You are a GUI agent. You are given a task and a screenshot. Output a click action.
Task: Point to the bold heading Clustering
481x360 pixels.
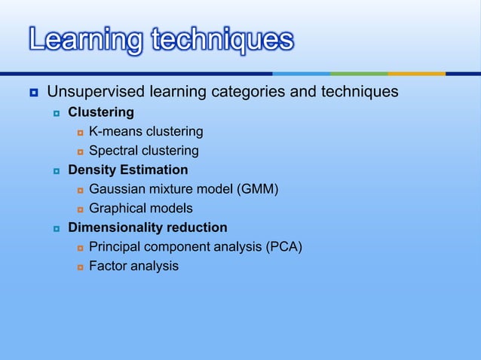(101, 112)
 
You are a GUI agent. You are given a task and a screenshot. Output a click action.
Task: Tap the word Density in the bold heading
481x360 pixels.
(91, 169)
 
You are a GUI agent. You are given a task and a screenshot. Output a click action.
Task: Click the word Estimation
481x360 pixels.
(154, 169)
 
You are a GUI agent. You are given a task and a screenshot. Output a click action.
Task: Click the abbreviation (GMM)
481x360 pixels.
(258, 188)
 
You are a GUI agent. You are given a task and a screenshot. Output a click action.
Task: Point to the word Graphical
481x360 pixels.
(119, 208)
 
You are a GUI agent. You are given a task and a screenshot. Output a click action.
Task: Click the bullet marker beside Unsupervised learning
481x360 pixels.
(33, 93)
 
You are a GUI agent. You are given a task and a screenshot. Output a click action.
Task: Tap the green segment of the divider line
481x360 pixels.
(359, 74)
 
